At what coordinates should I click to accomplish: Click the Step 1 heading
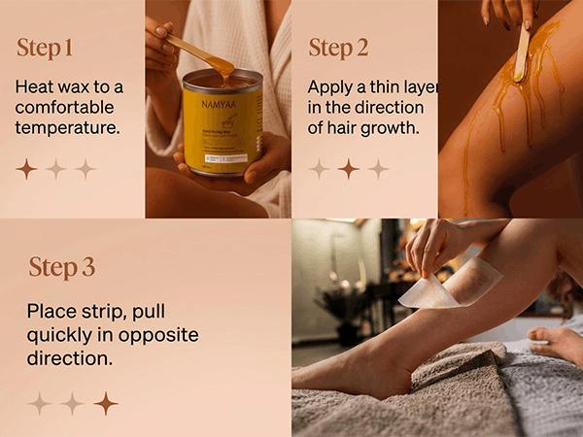(45, 49)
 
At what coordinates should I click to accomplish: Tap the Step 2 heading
(338, 49)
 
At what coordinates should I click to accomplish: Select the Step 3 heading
(62, 268)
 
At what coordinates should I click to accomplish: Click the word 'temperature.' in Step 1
(68, 128)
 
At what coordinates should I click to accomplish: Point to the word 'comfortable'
(64, 108)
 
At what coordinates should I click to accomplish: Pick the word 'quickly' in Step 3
(59, 336)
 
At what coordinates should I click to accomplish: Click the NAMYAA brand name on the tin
(219, 105)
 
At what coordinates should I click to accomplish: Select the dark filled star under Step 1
(26, 169)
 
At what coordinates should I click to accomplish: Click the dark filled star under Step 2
(349, 169)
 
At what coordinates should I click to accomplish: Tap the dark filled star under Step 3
(106, 403)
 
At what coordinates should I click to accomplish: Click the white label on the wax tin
(226, 158)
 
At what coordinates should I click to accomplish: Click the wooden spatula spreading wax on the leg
(523, 51)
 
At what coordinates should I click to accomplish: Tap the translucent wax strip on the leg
(450, 284)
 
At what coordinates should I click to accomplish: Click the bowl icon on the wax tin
(229, 121)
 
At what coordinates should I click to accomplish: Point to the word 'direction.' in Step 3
(70, 358)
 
